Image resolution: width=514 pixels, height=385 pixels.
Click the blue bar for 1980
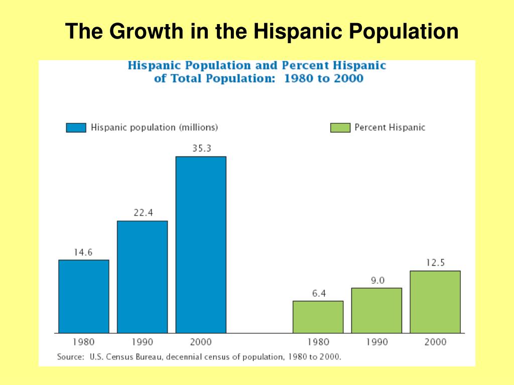click(x=84, y=296)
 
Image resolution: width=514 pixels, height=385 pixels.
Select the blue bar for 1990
click(x=143, y=277)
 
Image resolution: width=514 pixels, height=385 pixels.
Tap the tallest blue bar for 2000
click(x=201, y=245)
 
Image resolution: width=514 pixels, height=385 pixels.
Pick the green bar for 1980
click(x=318, y=317)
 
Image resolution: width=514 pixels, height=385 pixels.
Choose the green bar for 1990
click(x=376, y=310)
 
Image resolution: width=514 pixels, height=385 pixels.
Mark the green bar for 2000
click(x=435, y=302)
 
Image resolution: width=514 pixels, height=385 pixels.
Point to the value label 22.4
click(x=143, y=213)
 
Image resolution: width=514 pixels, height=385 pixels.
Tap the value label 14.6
click(x=83, y=252)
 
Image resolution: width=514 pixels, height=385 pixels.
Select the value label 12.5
click(x=435, y=263)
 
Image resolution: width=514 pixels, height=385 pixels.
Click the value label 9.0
click(x=377, y=280)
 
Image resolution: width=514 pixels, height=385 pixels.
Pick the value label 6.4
click(x=319, y=293)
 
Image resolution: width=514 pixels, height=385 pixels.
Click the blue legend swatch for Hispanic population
click(x=76, y=128)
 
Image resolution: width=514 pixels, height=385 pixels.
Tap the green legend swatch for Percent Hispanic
click(x=340, y=128)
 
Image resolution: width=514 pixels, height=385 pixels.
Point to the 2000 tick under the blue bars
click(x=201, y=342)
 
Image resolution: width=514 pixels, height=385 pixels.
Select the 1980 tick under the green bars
click(x=318, y=342)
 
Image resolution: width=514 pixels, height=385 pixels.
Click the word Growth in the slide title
click(x=145, y=32)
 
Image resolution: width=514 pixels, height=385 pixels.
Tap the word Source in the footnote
click(x=70, y=357)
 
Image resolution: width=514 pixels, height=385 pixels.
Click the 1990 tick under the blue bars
click(x=143, y=342)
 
